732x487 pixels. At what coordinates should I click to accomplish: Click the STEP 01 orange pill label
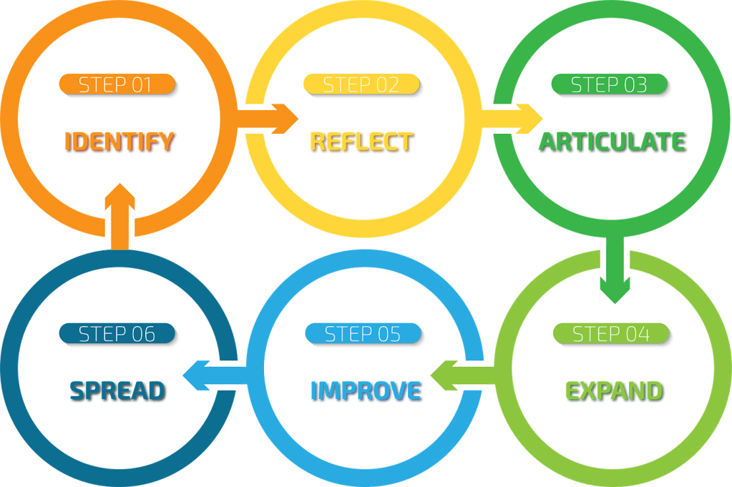pyautogui.click(x=116, y=84)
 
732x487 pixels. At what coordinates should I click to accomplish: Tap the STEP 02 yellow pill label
pyautogui.click(x=361, y=84)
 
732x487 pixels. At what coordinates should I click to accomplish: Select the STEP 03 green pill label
pyautogui.click(x=609, y=84)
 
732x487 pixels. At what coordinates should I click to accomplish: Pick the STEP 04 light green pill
pyautogui.click(x=610, y=333)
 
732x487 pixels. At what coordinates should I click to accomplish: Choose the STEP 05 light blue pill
pyautogui.click(x=362, y=333)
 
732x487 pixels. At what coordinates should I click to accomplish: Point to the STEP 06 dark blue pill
pyautogui.click(x=117, y=333)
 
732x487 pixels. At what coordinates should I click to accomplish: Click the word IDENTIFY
pyautogui.click(x=120, y=141)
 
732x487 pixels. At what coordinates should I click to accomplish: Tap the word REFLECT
pyautogui.click(x=361, y=141)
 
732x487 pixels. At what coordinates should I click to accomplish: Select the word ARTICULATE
pyautogui.click(x=613, y=141)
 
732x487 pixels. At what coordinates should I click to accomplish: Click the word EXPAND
pyautogui.click(x=614, y=390)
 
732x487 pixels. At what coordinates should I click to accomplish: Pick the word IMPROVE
pyautogui.click(x=366, y=390)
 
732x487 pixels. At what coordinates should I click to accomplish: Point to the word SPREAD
pyautogui.click(x=118, y=390)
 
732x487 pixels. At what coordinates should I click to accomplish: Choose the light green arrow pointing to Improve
pyautogui.click(x=459, y=375)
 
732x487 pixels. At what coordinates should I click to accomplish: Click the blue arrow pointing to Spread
pyautogui.click(x=213, y=375)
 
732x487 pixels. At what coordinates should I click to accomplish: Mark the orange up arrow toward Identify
pyautogui.click(x=119, y=215)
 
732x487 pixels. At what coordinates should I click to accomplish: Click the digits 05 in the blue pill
pyautogui.click(x=386, y=333)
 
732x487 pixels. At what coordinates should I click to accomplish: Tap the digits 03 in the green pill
pyautogui.click(x=634, y=84)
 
